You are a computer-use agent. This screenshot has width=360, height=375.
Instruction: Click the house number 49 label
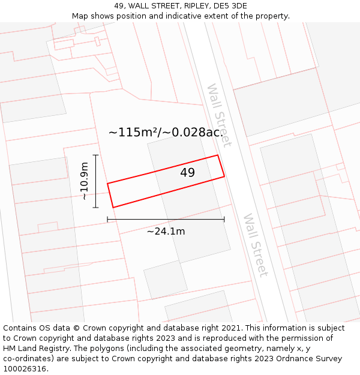(187, 173)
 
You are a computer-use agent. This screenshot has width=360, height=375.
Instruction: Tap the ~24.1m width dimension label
(166, 231)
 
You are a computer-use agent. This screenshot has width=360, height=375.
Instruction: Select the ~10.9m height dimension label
(85, 181)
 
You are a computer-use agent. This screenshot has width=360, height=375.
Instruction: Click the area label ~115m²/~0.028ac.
(165, 133)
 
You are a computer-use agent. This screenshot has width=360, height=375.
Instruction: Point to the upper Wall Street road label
(218, 115)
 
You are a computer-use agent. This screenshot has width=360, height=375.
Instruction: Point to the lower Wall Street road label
(255, 245)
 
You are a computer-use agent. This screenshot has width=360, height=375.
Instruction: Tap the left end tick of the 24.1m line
(107, 220)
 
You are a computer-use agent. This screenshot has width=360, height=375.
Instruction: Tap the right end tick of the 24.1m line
(224, 220)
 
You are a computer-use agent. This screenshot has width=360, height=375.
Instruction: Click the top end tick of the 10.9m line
(95, 155)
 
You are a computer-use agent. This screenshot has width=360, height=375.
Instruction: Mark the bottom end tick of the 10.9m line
(95, 208)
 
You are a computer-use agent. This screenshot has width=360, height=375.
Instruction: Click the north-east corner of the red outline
(217, 155)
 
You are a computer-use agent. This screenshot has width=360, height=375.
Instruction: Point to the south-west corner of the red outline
(113, 208)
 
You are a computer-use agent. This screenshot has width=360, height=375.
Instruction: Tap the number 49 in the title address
(119, 6)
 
